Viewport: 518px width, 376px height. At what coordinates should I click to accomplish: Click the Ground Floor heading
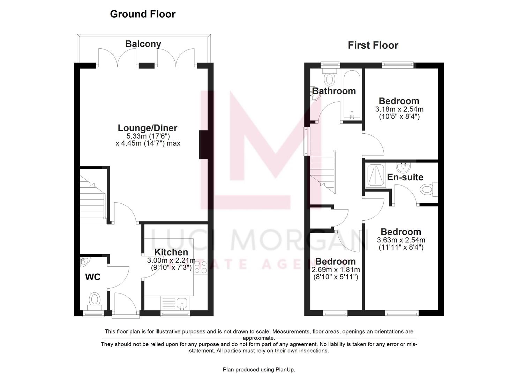tap(143, 14)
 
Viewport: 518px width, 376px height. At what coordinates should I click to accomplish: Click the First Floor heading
tap(373, 45)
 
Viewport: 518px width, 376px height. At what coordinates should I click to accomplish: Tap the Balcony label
tap(143, 44)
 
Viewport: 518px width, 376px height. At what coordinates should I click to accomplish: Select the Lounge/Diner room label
tap(148, 128)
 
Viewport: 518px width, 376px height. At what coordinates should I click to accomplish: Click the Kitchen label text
tap(171, 252)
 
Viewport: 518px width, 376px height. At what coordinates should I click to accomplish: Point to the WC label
tap(93, 277)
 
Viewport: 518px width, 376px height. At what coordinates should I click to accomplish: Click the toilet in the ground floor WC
tap(95, 300)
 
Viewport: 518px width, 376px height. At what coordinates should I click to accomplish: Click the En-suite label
tap(405, 177)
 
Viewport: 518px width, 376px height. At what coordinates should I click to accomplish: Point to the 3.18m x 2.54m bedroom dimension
tap(399, 109)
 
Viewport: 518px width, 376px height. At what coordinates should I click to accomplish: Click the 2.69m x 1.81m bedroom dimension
tap(336, 270)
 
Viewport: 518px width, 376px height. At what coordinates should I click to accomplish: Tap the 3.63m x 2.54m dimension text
tap(401, 240)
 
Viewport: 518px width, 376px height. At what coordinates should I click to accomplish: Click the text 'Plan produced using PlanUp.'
tap(259, 369)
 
